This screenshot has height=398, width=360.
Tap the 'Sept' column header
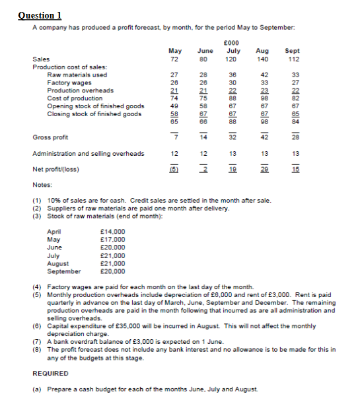coord(291,51)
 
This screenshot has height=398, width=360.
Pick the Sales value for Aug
coord(262,59)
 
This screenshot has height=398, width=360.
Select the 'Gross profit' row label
coord(50,137)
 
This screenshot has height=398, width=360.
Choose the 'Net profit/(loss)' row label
coord(55,169)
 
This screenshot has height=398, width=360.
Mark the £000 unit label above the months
coord(232,42)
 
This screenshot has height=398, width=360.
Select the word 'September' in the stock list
coord(64,271)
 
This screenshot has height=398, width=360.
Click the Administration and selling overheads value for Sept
coord(291,154)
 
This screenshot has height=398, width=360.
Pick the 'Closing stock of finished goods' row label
coord(94,114)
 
